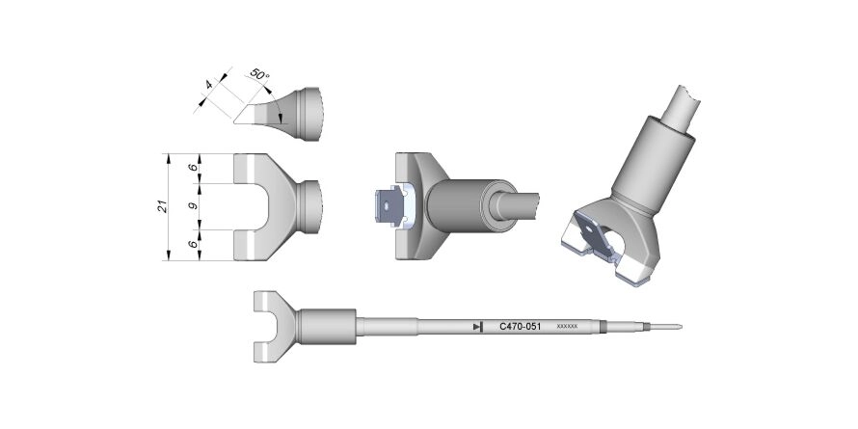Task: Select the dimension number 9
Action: tap(193, 207)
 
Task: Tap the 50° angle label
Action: tap(258, 73)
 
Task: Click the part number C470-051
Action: tap(521, 327)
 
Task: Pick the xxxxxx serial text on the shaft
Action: tap(567, 327)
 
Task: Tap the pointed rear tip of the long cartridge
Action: tap(680, 327)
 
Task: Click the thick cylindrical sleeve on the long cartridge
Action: tap(327, 327)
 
